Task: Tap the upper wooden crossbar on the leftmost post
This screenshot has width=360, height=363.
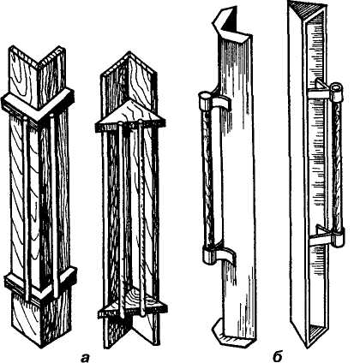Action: [38, 104]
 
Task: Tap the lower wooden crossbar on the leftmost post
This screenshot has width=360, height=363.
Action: [40, 282]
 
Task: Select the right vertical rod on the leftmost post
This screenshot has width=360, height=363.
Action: [54, 205]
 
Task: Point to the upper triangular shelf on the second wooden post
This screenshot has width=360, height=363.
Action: [130, 116]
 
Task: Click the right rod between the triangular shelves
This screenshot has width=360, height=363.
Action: [141, 218]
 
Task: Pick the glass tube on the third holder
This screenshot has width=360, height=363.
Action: [207, 178]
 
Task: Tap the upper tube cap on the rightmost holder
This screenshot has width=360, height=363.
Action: [336, 92]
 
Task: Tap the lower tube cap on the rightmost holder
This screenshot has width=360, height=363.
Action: [338, 236]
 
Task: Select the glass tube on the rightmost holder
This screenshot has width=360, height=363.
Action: [337, 165]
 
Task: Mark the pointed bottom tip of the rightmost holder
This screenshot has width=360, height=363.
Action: [307, 347]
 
